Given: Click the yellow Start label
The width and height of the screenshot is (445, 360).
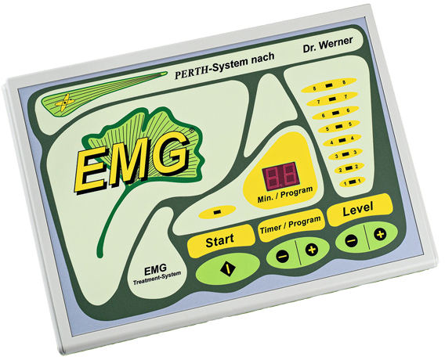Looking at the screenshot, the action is click(221, 240).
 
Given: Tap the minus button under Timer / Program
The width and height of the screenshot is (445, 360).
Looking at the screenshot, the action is click(282, 257).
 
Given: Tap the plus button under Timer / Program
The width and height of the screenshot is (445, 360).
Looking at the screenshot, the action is click(311, 250).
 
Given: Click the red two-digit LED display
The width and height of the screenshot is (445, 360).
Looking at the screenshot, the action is click(280, 175).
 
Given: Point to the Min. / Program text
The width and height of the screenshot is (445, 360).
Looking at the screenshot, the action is click(285, 195).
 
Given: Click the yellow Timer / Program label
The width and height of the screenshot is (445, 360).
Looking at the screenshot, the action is click(291, 225).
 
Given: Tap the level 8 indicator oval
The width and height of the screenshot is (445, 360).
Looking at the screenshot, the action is click(329, 86).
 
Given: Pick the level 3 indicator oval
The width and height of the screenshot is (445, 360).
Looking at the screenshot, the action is click(346, 155).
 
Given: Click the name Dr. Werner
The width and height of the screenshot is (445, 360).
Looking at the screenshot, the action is click(327, 45).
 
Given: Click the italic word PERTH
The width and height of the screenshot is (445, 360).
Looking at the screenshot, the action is click(193, 74).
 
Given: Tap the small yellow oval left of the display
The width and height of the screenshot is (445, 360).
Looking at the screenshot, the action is click(217, 212).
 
